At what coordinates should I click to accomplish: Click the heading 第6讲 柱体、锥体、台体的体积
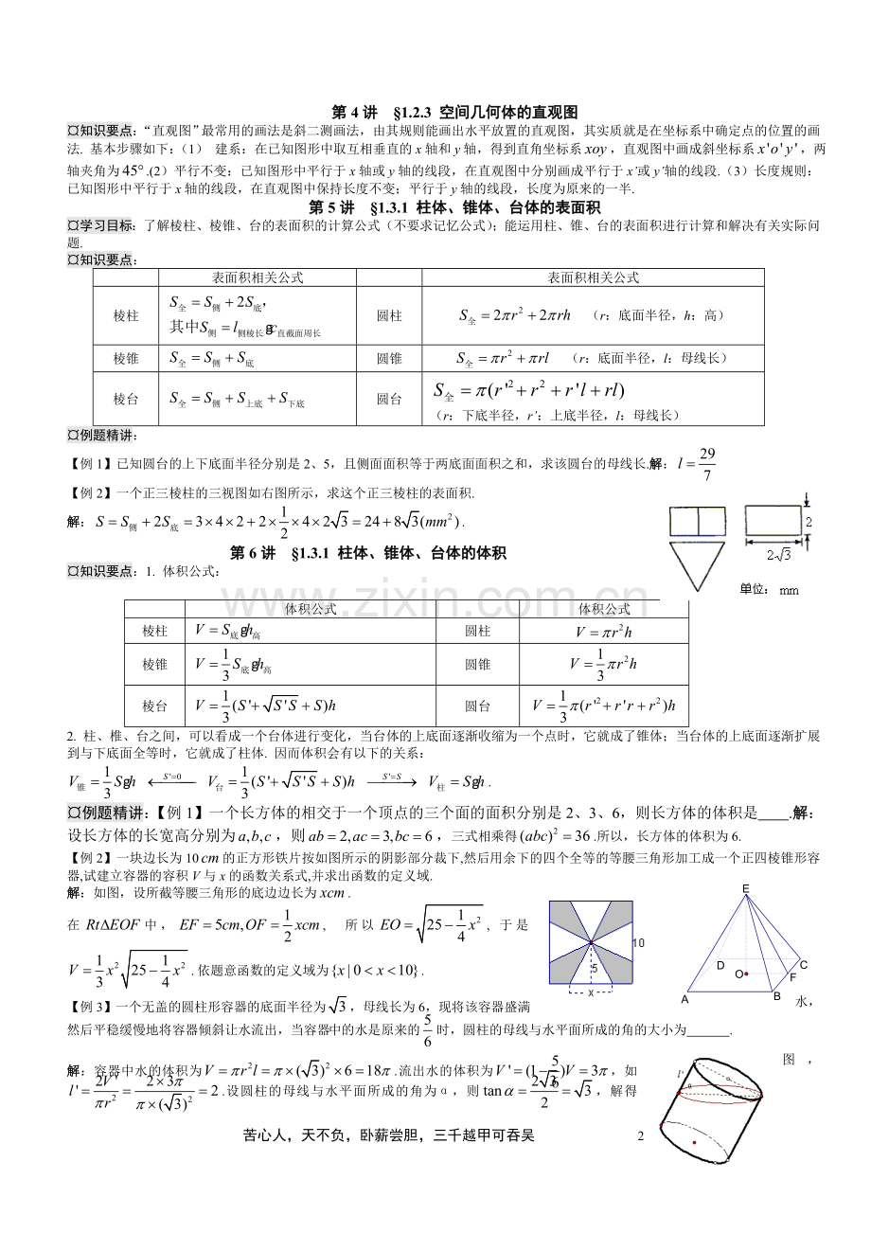(369, 553)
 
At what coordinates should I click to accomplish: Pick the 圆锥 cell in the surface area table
(389, 359)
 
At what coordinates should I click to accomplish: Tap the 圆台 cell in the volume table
(477, 706)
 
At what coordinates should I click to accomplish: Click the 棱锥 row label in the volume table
(154, 664)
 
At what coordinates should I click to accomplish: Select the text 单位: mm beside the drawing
(769, 590)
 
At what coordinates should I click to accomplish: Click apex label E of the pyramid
(745, 887)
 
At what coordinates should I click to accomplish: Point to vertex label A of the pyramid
(684, 999)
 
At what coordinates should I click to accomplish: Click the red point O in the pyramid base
(745, 974)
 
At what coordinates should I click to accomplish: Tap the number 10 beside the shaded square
(638, 943)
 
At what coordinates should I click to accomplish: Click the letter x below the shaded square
(591, 992)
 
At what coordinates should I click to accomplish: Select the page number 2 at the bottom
(640, 1135)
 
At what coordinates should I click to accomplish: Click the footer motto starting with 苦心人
(388, 1135)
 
